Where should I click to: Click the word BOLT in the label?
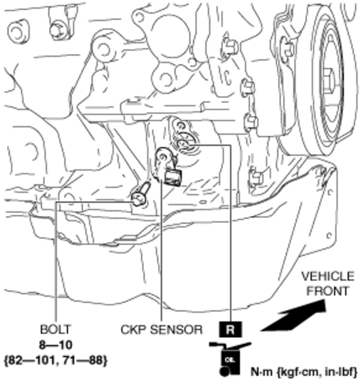click(55, 328)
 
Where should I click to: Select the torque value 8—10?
click(55, 344)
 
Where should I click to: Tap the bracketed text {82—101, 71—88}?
click(55, 358)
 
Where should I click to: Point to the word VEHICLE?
click(327, 277)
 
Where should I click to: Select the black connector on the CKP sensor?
click(173, 176)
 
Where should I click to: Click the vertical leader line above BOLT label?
click(55, 258)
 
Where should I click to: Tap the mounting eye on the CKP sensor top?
click(162, 157)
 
